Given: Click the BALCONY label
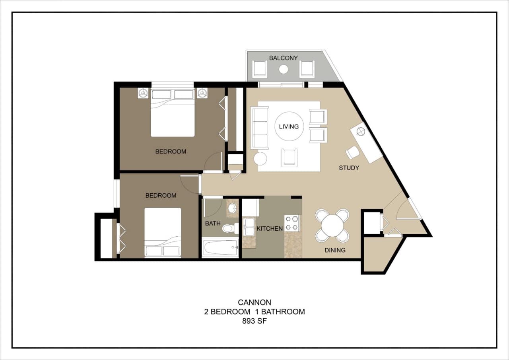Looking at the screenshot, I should (x=283, y=58).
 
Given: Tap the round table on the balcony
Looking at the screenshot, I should (x=284, y=69).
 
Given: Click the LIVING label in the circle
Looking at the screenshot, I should (x=289, y=126).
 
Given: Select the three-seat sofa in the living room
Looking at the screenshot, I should (x=260, y=128).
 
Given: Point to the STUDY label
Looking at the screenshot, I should (x=349, y=168).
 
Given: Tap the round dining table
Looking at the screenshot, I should (x=332, y=226).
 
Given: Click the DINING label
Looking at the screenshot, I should (x=334, y=250).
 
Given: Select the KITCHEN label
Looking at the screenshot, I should (x=270, y=229).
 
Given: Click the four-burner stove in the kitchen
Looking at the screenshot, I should (x=292, y=223).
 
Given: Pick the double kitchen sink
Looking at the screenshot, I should (x=249, y=227).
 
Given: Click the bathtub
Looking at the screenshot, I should (x=220, y=248).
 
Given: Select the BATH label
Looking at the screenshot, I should (x=213, y=224).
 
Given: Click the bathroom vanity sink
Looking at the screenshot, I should (x=232, y=208).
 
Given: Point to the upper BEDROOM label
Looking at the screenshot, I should (x=171, y=152).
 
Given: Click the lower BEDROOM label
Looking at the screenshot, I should (x=161, y=196).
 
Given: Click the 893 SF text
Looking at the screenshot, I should (x=254, y=321).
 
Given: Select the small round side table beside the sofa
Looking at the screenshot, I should (x=260, y=158).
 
